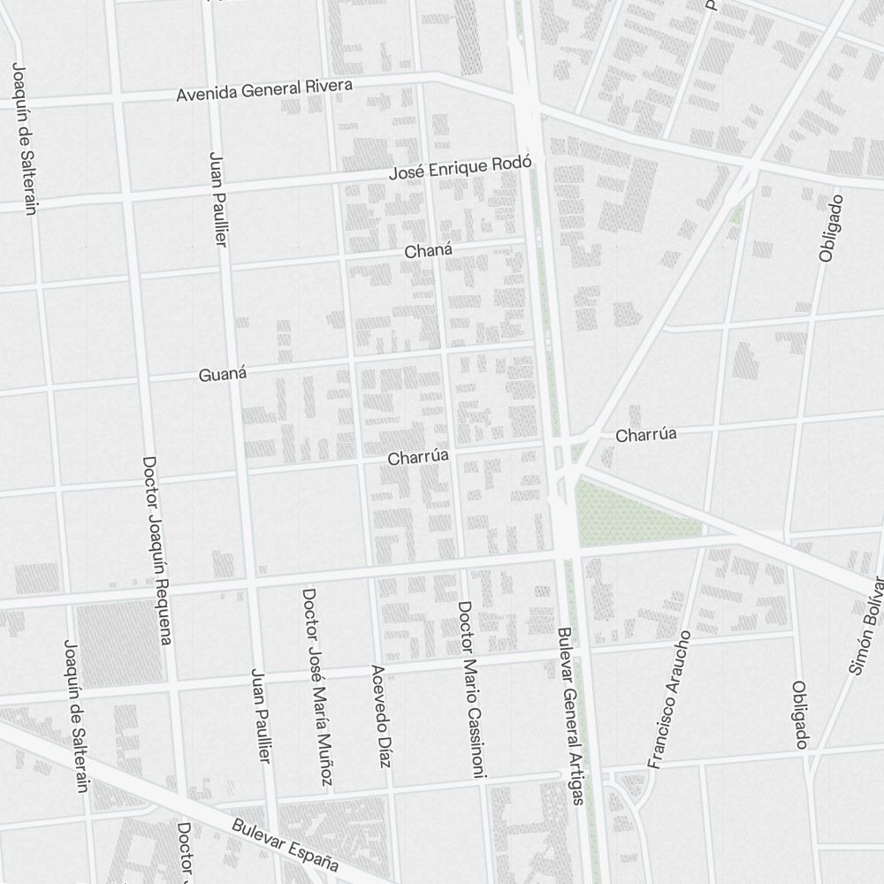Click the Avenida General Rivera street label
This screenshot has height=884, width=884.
(x=264, y=90)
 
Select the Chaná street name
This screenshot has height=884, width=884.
(x=428, y=251)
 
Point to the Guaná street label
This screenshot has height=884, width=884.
(x=222, y=374)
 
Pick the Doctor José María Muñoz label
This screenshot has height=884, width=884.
(x=317, y=687)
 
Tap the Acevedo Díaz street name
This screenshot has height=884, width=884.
(x=380, y=716)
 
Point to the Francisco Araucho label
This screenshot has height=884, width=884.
(x=667, y=699)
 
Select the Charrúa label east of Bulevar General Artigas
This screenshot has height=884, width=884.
(x=646, y=435)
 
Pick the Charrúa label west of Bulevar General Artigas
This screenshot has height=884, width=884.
(x=419, y=457)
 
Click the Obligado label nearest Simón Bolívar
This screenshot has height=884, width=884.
(x=800, y=715)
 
